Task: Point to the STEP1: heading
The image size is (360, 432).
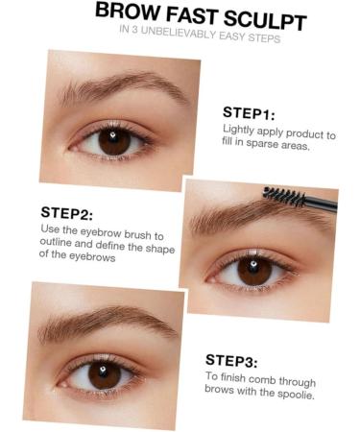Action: (250, 111)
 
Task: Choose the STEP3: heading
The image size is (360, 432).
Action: (231, 362)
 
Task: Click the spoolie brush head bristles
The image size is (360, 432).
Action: (283, 196)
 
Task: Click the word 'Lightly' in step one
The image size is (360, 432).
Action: (239, 129)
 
